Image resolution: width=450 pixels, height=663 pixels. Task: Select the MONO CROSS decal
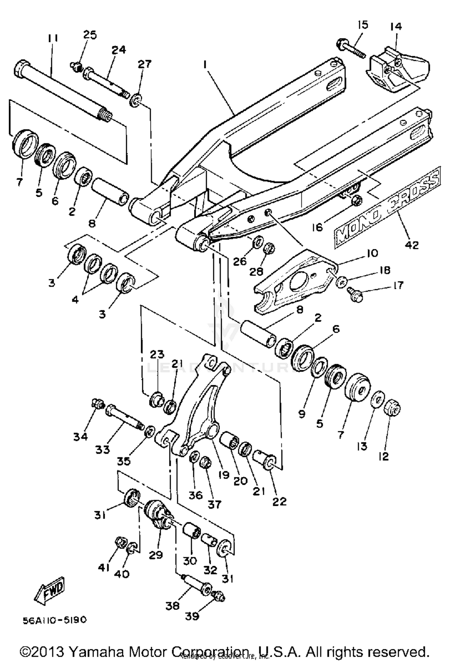tap(387, 208)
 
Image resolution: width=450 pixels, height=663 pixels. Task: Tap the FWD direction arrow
tap(50, 590)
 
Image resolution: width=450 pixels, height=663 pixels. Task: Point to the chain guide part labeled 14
tap(396, 72)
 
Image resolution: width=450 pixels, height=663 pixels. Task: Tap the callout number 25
tap(90, 35)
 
